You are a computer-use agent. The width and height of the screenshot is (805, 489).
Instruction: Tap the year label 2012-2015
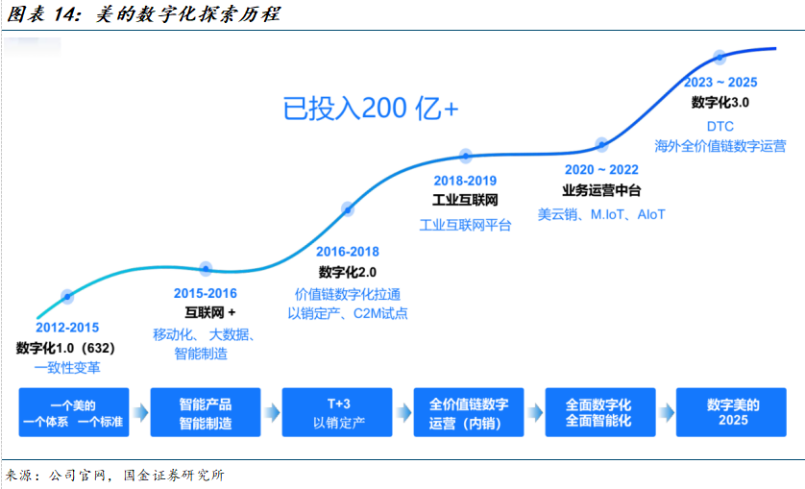(67, 328)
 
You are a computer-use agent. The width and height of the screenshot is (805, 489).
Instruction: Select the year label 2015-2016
(205, 293)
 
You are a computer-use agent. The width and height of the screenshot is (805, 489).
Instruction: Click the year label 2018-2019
(465, 180)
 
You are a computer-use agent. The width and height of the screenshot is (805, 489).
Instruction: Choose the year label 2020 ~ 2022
(601, 169)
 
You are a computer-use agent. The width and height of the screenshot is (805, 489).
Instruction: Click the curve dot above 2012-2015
(67, 296)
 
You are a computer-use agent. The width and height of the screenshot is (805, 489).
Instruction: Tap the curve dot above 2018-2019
(466, 155)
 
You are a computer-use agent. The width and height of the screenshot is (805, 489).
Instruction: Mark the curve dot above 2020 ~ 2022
(601, 144)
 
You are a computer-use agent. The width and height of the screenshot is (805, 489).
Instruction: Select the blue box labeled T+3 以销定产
(338, 413)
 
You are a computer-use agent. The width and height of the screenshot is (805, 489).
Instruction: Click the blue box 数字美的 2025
(733, 413)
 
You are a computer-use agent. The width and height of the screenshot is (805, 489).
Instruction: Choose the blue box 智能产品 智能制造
(206, 413)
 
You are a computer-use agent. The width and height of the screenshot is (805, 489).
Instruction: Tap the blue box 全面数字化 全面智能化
(599, 413)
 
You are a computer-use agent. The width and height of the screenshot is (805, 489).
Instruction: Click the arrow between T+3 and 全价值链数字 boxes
(403, 413)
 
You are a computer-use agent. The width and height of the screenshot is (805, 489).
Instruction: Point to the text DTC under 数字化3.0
(720, 126)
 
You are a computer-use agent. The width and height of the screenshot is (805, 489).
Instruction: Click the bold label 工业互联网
(466, 201)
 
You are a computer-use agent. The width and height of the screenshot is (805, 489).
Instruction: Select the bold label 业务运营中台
(601, 190)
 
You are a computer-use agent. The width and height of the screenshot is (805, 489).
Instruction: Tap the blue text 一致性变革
(67, 367)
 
